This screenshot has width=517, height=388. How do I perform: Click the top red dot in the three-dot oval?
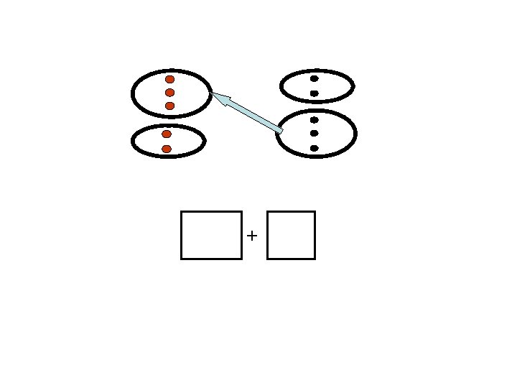click(x=170, y=79)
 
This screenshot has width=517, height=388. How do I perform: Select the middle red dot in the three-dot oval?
click(x=170, y=93)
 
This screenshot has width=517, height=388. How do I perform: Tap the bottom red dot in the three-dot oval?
click(x=170, y=106)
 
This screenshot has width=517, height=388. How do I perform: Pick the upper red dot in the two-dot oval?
click(x=167, y=134)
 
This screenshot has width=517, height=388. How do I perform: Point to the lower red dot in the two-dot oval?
click(x=167, y=149)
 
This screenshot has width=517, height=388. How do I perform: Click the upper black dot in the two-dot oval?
click(x=315, y=78)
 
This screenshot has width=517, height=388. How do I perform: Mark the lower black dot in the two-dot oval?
click(x=315, y=93)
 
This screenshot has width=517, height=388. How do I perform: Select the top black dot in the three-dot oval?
click(x=315, y=120)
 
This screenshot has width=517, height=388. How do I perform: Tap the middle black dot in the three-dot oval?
click(x=315, y=134)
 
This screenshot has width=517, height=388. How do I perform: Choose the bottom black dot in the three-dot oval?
click(x=315, y=148)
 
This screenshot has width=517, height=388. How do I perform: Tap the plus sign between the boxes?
click(x=252, y=235)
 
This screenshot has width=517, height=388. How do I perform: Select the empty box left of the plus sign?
click(x=211, y=235)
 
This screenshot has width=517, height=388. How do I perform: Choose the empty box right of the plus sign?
click(x=291, y=235)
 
